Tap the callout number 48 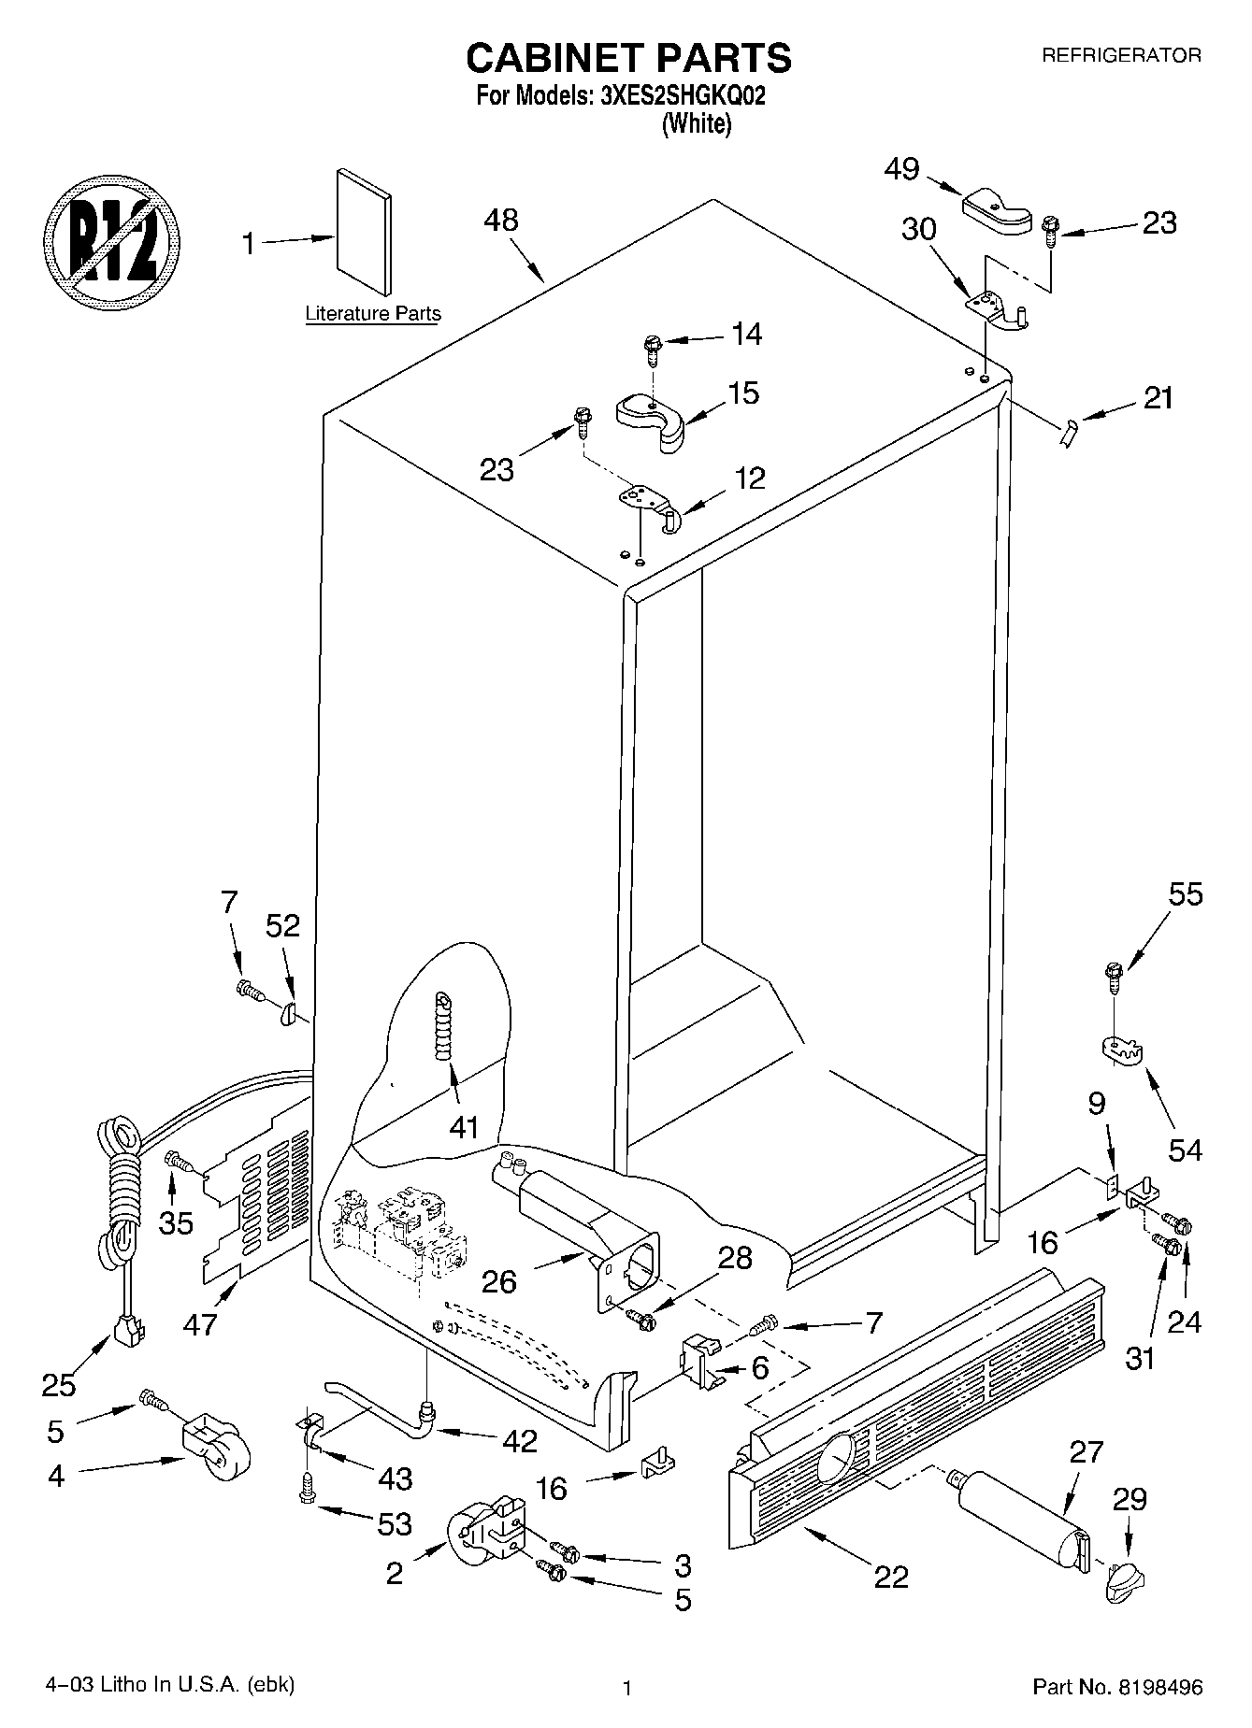click(x=501, y=221)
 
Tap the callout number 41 click(x=464, y=1128)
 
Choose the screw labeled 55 click(x=1114, y=977)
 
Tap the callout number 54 click(x=1185, y=1149)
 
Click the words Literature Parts click(x=373, y=314)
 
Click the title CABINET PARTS click(x=628, y=58)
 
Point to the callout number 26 click(x=499, y=1281)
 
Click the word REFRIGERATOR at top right click(x=1121, y=56)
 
